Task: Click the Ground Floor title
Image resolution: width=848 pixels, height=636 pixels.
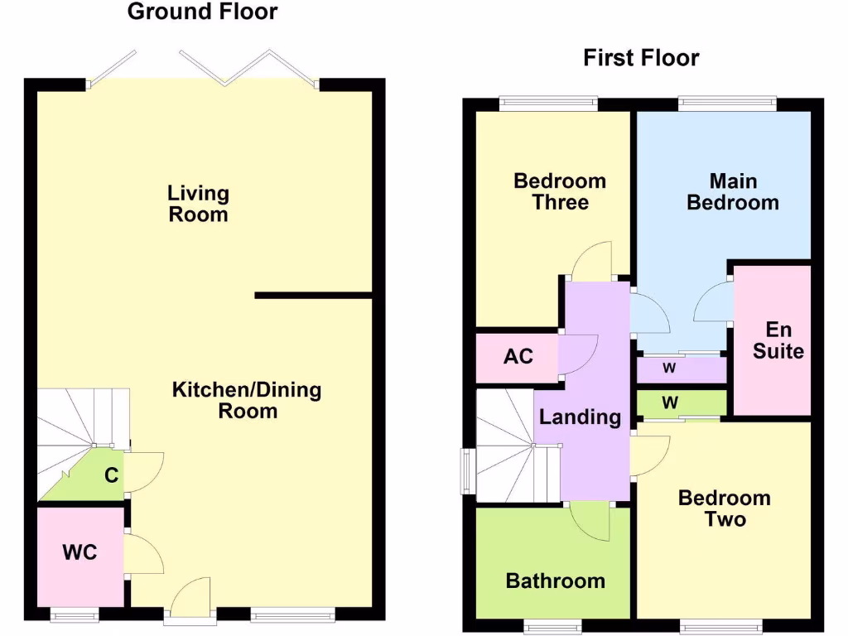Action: pos(202,12)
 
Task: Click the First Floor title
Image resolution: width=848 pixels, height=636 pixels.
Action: pos(641,58)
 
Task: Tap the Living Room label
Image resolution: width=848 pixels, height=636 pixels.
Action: pos(198,204)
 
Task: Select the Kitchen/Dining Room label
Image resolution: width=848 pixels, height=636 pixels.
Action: pos(247,400)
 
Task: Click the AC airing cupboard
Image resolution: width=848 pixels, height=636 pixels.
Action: pos(518,358)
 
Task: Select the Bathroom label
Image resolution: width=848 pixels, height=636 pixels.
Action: pos(555,581)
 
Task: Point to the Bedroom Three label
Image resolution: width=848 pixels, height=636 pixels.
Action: pos(560,192)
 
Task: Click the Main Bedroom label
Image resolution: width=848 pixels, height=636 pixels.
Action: pos(733,192)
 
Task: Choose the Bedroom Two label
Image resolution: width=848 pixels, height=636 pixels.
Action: pos(724,508)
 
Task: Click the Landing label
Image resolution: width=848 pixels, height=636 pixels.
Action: pos(580,417)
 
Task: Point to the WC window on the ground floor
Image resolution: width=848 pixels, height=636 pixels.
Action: pos(74,614)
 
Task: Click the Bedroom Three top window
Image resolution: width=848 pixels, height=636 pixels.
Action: pos(547,104)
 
